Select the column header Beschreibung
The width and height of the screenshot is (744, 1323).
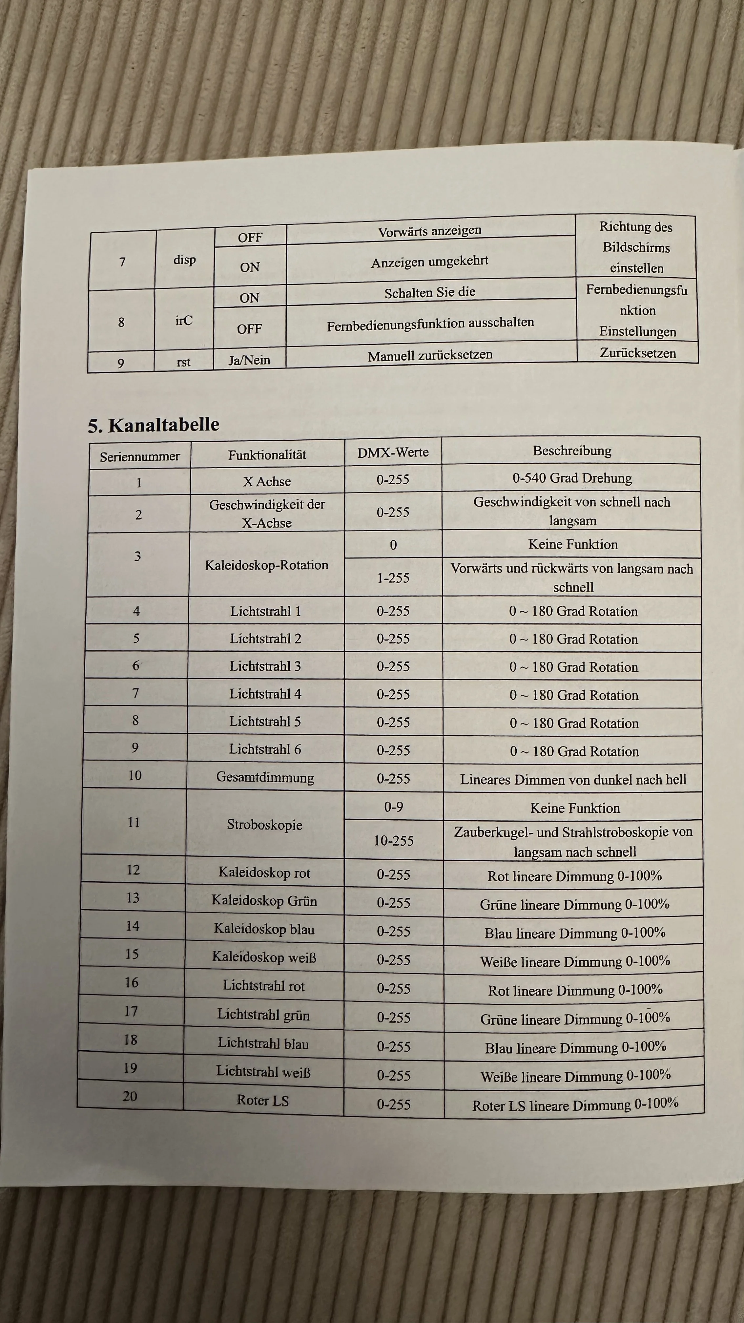coord(572,451)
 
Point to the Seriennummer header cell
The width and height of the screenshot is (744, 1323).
coord(140,456)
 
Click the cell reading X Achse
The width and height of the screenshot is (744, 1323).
coord(267,481)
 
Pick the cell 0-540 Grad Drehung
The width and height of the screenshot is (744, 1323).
coord(572,478)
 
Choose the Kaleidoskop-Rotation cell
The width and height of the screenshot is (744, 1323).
coord(266,565)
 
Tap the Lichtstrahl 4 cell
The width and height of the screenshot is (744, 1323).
coord(265,694)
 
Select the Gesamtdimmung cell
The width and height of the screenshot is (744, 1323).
coord(265,777)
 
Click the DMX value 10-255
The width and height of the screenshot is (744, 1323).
coord(393,841)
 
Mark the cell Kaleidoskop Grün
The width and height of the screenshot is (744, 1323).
coord(264,901)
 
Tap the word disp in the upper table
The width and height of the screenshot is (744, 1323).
coord(184,260)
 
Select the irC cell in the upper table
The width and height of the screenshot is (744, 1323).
coord(184,321)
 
